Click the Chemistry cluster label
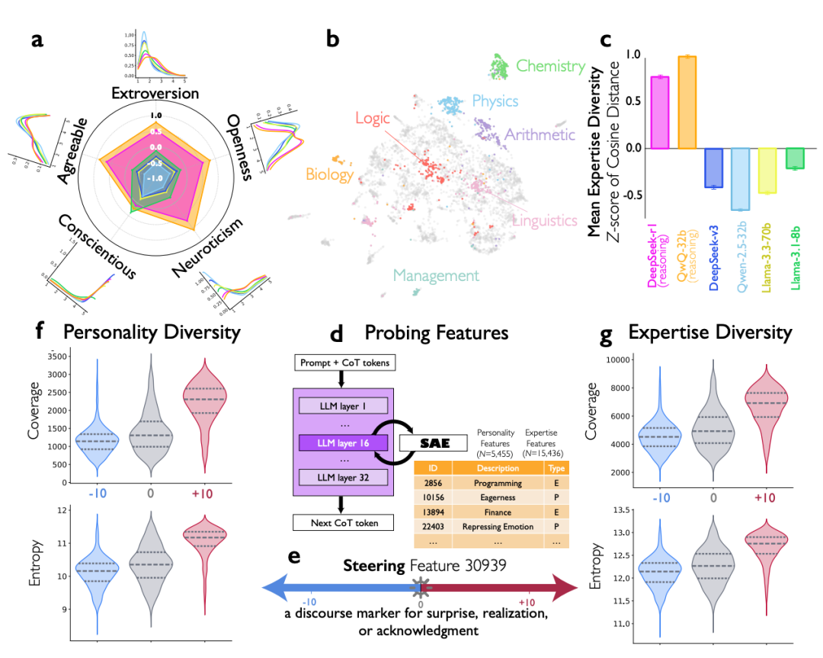click(x=550, y=65)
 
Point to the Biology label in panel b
click(x=330, y=175)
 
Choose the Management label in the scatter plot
click(x=436, y=276)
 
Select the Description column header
click(x=497, y=468)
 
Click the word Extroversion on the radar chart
click(x=155, y=94)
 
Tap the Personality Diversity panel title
click(x=152, y=332)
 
